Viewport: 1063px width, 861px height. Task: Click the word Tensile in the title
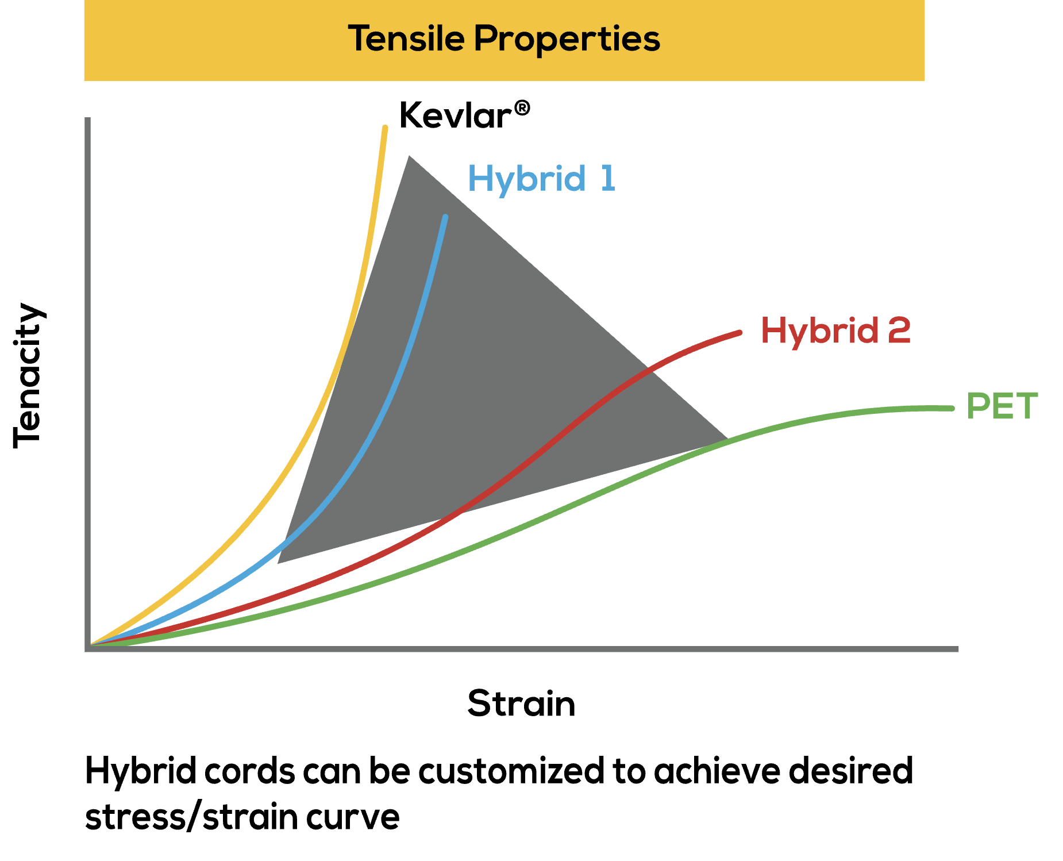pos(406,39)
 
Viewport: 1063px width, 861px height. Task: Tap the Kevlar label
pos(455,115)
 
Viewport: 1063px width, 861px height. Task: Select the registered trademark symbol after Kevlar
pos(522,107)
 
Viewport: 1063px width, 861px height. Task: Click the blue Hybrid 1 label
pos(541,178)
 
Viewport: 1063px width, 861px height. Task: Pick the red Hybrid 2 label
pos(835,330)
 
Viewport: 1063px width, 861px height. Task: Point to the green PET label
pos(1002,406)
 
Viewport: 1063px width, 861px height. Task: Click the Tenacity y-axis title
pos(28,375)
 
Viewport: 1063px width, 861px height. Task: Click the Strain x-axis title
pos(521,703)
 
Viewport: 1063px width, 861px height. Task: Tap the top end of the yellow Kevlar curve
pos(385,128)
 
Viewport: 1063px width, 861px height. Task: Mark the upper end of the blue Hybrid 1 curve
pos(445,217)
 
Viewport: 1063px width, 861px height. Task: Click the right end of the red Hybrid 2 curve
pos(740,332)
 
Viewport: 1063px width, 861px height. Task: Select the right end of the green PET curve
pos(952,408)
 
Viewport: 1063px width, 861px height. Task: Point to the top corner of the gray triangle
pos(409,156)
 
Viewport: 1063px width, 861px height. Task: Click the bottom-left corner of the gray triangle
pos(279,562)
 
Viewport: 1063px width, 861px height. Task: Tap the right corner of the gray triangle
pos(727,439)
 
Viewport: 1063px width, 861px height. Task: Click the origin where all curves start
pos(91,645)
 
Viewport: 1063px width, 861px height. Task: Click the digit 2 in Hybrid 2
pos(898,330)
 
